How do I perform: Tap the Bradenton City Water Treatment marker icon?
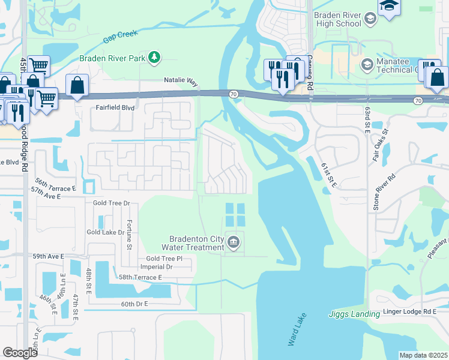234,242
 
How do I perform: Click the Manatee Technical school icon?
367,64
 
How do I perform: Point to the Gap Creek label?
118,37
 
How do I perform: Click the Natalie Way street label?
181,80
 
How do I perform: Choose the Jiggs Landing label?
350,314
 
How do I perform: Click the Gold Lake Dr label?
105,232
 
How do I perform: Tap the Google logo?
20,353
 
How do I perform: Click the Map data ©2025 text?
423,355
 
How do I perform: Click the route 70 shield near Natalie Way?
233,94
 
